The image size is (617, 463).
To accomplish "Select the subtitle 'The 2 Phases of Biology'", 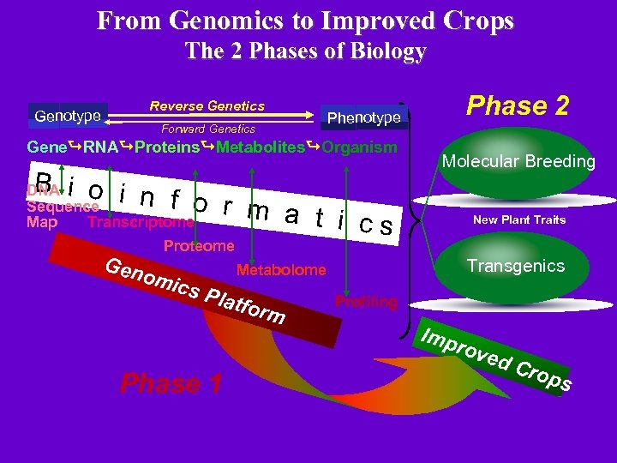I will point(306,51).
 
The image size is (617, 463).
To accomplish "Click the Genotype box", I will point(68,115).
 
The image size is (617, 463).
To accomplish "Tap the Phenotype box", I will point(364,117).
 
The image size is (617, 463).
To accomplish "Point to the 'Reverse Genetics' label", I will point(207,106).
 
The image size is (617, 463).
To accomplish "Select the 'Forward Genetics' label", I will point(208,129).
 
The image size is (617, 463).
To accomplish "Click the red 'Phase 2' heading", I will point(518,105).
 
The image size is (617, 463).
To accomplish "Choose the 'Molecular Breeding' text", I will point(518,161).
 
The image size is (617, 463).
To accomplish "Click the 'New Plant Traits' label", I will point(519,219).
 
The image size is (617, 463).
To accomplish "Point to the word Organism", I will point(360,147).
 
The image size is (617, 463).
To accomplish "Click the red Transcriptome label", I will point(141,223).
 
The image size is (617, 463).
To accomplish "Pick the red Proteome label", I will point(199,246).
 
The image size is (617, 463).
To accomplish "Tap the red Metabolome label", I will point(281,270).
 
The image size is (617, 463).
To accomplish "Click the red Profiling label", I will point(366,302).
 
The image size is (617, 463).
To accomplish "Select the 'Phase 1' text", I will point(172,383).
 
